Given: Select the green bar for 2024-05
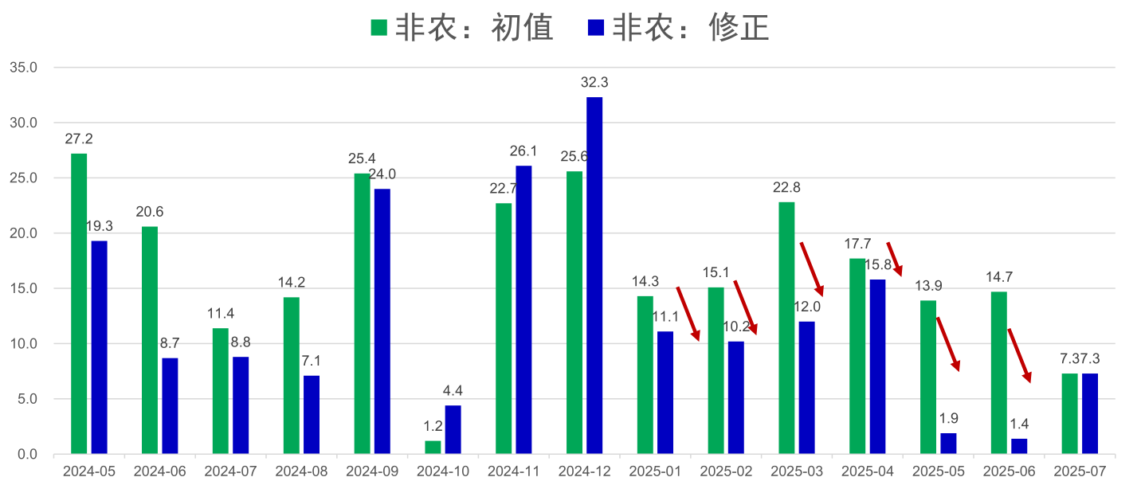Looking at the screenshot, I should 79,303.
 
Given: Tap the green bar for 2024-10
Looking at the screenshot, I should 433,448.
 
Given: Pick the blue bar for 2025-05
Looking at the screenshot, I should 948,444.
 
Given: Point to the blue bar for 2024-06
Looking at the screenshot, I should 170,406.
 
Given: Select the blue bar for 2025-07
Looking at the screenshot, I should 1090,414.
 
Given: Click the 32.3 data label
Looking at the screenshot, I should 594,82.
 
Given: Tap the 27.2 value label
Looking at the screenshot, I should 79,139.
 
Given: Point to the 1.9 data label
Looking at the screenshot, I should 948,418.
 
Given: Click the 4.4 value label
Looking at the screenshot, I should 453,390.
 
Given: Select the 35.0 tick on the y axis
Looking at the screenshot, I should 23,68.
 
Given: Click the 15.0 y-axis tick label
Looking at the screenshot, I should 23,289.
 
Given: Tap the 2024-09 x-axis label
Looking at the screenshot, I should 372,471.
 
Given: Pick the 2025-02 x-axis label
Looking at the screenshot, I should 726,471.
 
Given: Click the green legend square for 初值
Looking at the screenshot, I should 379,29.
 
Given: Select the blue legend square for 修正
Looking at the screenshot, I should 596,29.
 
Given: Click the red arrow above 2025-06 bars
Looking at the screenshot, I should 1020,355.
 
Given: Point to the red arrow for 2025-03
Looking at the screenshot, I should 811,268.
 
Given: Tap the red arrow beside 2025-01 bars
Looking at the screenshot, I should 688,313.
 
